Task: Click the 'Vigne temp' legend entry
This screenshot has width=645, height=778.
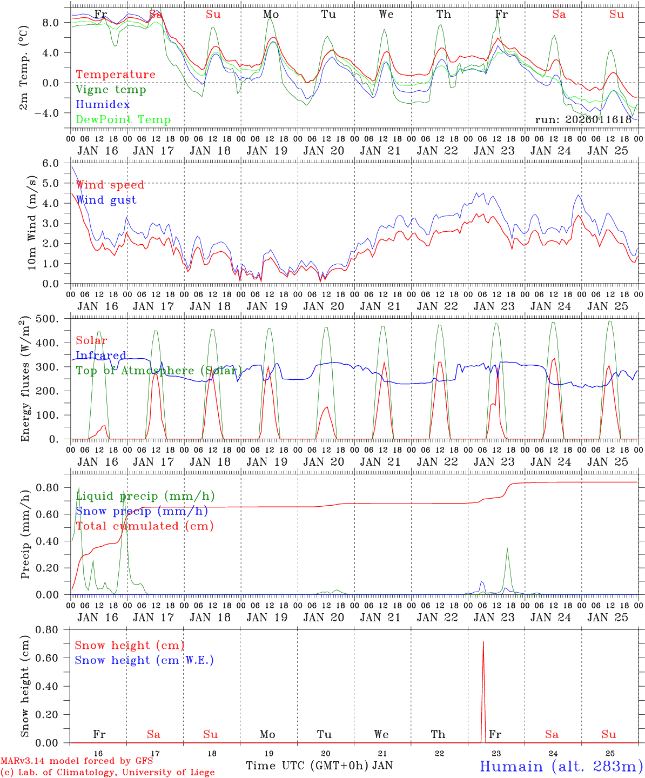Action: coord(111,90)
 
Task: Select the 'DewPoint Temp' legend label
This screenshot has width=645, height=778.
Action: coord(123,120)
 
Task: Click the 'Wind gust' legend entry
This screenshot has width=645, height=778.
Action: coord(106,200)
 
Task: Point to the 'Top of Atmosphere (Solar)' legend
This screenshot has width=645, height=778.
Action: coord(159,371)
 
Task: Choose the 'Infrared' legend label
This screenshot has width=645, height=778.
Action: coord(101,356)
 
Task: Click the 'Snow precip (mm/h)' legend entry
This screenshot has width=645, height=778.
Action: coord(142,511)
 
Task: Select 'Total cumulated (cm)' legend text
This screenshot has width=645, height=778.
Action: coord(145,526)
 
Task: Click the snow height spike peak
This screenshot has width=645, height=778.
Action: coord(483,642)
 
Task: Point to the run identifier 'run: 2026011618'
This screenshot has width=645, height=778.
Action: coord(583,120)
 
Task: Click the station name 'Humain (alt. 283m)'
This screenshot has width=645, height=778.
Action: coord(561,766)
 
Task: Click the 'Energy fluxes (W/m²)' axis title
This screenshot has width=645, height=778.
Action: coord(25,379)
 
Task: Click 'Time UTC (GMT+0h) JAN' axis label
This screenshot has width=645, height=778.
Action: coord(319,766)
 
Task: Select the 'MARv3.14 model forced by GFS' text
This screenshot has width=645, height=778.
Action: coord(77,761)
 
